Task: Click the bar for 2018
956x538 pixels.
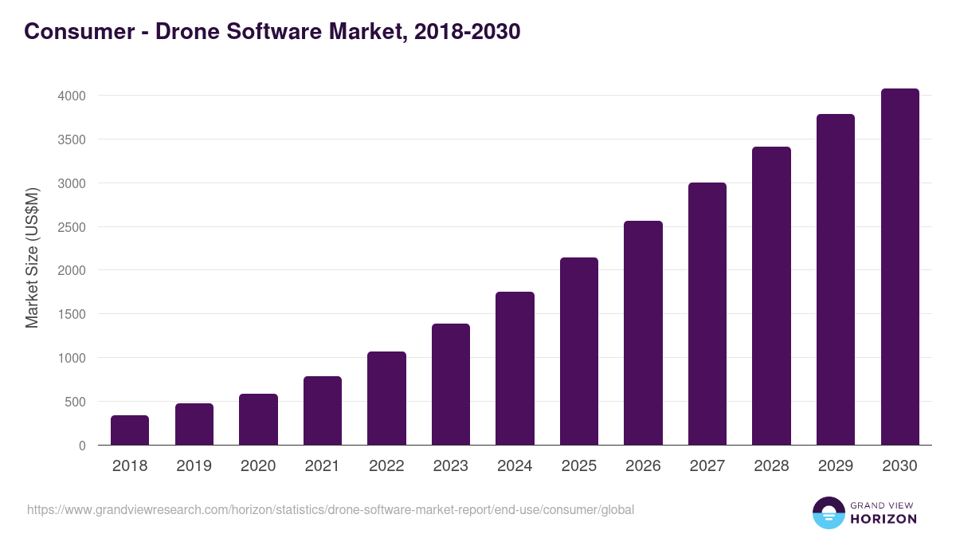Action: click(x=130, y=430)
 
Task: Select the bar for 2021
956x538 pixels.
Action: click(x=322, y=410)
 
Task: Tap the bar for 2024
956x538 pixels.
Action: click(x=515, y=368)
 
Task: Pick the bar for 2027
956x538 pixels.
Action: click(x=707, y=314)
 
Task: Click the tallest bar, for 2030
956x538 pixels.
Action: click(x=899, y=267)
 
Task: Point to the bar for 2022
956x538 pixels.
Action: click(x=386, y=399)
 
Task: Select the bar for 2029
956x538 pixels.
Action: click(x=835, y=280)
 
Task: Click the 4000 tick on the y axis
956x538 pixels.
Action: click(x=71, y=96)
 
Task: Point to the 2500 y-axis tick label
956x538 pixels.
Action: click(x=71, y=227)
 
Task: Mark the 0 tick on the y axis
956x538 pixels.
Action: click(x=81, y=446)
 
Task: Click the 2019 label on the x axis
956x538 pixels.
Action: click(x=194, y=466)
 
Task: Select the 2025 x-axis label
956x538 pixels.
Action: click(x=578, y=466)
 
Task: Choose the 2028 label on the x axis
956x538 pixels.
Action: click(x=771, y=466)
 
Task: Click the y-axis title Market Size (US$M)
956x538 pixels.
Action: click(x=32, y=257)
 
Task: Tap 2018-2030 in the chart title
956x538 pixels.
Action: click(x=467, y=32)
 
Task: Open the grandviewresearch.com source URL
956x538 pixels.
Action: click(x=331, y=509)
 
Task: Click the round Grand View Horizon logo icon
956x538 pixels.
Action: click(x=828, y=512)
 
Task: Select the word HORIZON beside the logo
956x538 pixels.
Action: click(x=884, y=519)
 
